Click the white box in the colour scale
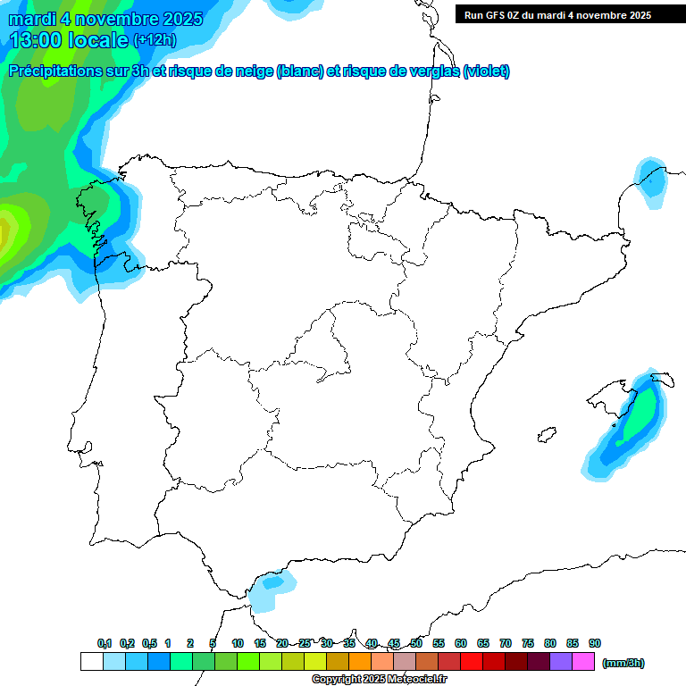tap(91, 662)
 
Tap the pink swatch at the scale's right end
tap(583, 662)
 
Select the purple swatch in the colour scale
tap(561, 662)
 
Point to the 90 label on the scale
tap(594, 643)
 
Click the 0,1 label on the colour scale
tap(105, 643)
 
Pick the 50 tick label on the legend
tap(416, 643)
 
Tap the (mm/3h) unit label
tap(623, 663)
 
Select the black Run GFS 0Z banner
tap(570, 15)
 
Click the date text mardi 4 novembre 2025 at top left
tap(105, 19)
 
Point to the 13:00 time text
tap(35, 39)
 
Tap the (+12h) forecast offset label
tap(155, 40)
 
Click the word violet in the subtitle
tap(486, 71)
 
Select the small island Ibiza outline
tap(547, 435)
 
